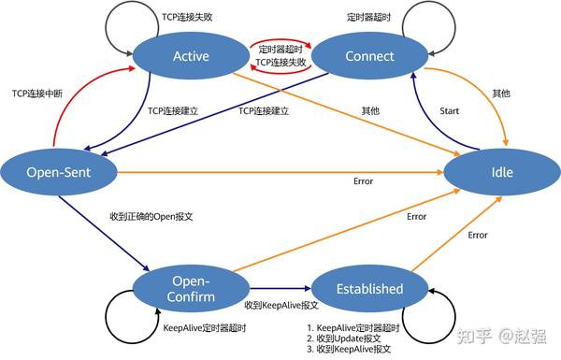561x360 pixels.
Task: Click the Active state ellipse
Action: (191, 57)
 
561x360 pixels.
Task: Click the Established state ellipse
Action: (356, 289)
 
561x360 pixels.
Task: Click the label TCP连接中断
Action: (37, 94)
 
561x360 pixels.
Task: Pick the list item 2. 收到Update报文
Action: (345, 338)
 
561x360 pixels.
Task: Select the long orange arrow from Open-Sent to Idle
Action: (280, 172)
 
